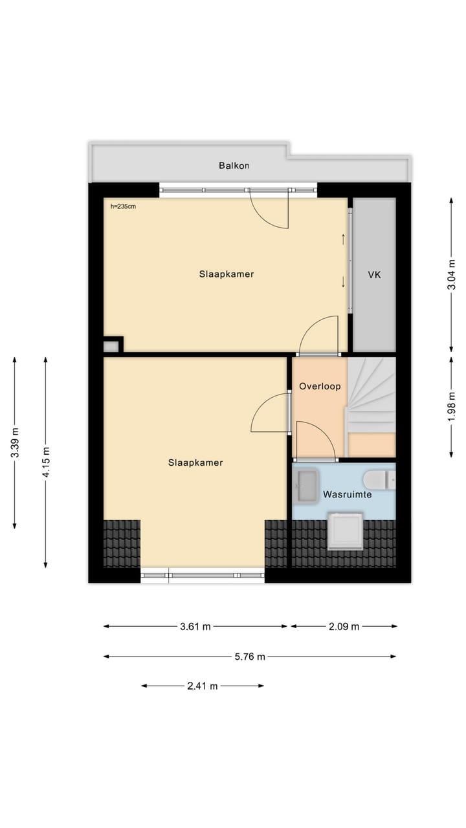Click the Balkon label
tap(234, 166)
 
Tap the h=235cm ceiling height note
tap(123, 207)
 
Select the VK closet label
tap(374, 275)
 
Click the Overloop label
tap(320, 386)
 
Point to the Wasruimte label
tap(348, 495)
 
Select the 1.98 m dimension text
tap(452, 404)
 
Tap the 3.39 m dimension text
tap(15, 443)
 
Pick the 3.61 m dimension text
tap(195, 626)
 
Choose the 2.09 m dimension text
tap(344, 626)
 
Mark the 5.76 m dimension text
tap(250, 657)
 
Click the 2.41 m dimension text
tap(203, 686)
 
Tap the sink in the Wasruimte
tap(306, 485)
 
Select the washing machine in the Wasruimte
tap(345, 530)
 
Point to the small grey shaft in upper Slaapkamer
tap(111, 346)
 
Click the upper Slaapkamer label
tap(227, 274)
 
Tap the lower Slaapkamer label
tap(195, 463)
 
